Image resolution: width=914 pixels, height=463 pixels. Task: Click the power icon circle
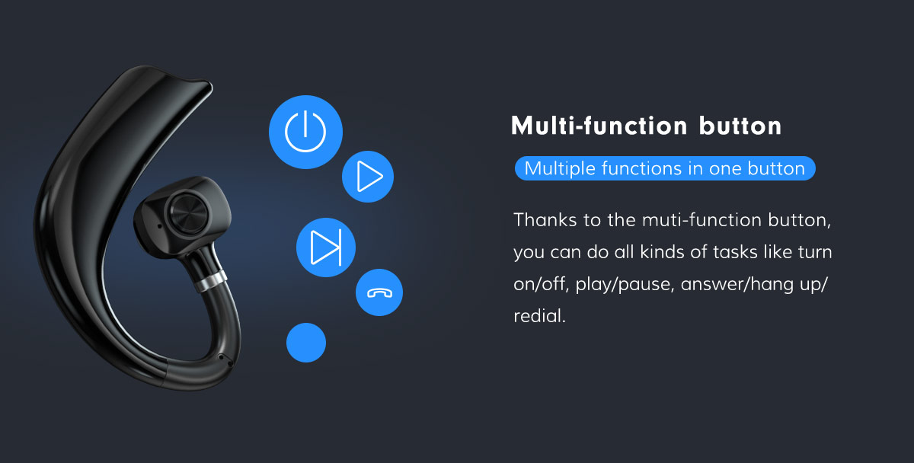(x=305, y=132)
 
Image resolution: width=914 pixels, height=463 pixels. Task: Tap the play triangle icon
(x=368, y=177)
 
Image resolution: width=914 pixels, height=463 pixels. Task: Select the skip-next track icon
(x=326, y=247)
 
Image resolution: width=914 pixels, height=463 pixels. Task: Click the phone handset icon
(x=379, y=292)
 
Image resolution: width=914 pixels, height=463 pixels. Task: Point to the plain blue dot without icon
(x=306, y=343)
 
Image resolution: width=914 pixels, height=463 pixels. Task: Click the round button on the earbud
(x=188, y=214)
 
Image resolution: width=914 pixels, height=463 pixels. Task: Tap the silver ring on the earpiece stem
(x=210, y=281)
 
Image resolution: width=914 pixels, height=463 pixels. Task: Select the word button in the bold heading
(x=740, y=126)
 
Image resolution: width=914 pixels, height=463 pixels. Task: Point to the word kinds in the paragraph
(x=662, y=252)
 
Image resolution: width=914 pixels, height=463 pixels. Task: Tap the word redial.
(x=539, y=316)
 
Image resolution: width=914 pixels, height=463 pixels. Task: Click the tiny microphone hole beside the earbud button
(x=158, y=226)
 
